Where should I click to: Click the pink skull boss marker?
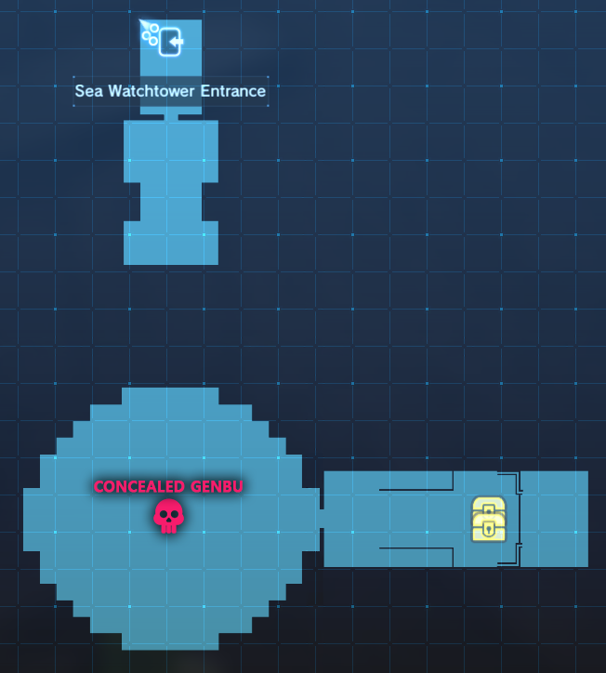pos(168,516)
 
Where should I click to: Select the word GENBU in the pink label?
pos(216,486)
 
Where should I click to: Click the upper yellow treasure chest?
pos(488,508)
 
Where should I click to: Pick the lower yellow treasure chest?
pos(488,528)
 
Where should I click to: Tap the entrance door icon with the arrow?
pos(170,42)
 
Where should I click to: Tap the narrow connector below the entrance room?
pos(171,117)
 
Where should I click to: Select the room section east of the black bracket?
pos(555,519)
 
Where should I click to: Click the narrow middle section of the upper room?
pos(171,201)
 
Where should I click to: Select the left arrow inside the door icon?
pos(176,42)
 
